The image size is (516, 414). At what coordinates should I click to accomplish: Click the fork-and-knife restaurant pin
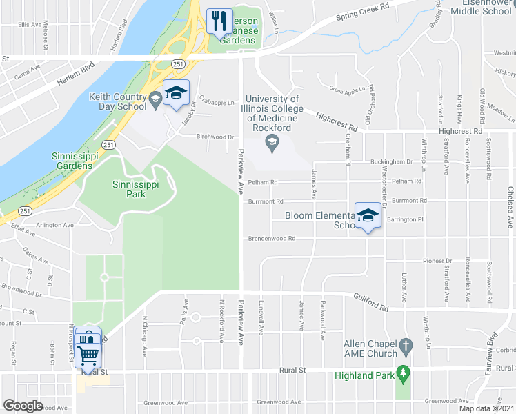(x=220, y=21)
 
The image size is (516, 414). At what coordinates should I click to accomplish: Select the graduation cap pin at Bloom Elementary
(x=368, y=217)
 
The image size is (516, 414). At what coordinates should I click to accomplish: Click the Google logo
(x=23, y=405)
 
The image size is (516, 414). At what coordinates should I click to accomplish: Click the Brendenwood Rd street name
(x=272, y=239)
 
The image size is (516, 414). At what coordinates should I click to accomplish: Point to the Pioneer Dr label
(x=435, y=262)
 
